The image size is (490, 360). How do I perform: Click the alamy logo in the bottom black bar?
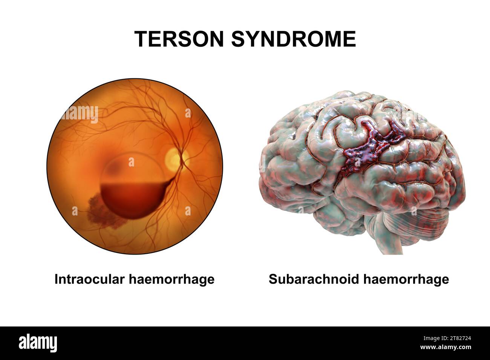[x=38, y=343]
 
